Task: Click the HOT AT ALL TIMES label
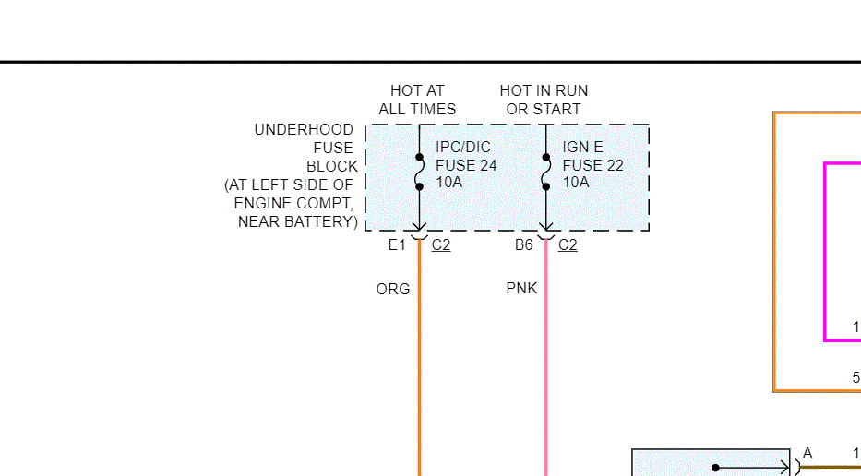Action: (417, 100)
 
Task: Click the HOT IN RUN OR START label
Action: (544, 100)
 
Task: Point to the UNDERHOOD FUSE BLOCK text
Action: (304, 149)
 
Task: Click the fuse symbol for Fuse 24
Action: (419, 172)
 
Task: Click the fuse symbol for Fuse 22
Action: (545, 172)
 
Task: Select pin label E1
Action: (397, 245)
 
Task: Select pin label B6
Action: (524, 245)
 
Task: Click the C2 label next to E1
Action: (441, 245)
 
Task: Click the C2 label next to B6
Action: (568, 245)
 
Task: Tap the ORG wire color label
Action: (393, 289)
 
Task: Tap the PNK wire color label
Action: (521, 289)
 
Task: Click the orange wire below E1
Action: (420, 369)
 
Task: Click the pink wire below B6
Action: (546, 369)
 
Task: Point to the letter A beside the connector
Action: (807, 454)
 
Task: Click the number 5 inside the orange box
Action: (855, 377)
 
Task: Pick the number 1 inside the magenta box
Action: (855, 327)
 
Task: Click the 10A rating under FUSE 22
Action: (576, 183)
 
